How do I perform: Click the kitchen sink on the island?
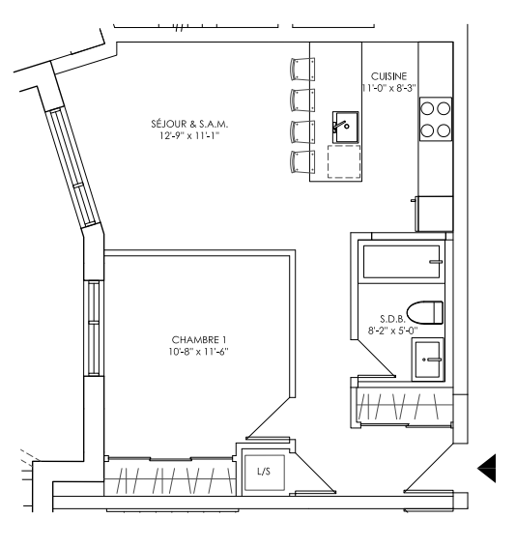point(345,127)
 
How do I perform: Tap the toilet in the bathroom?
point(425,312)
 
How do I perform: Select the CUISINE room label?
point(388,76)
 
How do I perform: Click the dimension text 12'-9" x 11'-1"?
point(189,135)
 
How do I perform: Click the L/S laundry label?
point(264,472)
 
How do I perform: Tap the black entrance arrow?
point(486,468)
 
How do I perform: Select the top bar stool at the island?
point(302,69)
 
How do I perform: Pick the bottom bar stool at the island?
point(302,161)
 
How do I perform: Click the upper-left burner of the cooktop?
point(427,108)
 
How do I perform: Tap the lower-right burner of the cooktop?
point(444,130)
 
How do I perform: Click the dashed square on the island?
point(344,161)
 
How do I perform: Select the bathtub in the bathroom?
point(402,262)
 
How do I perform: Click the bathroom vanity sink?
point(428,360)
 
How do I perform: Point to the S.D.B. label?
point(392,319)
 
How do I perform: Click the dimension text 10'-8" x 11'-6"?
point(198,352)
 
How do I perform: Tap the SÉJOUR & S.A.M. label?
point(189,124)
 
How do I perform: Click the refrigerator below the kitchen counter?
point(435,214)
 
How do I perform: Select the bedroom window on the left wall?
point(94,328)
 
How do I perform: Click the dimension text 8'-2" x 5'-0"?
point(392,331)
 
